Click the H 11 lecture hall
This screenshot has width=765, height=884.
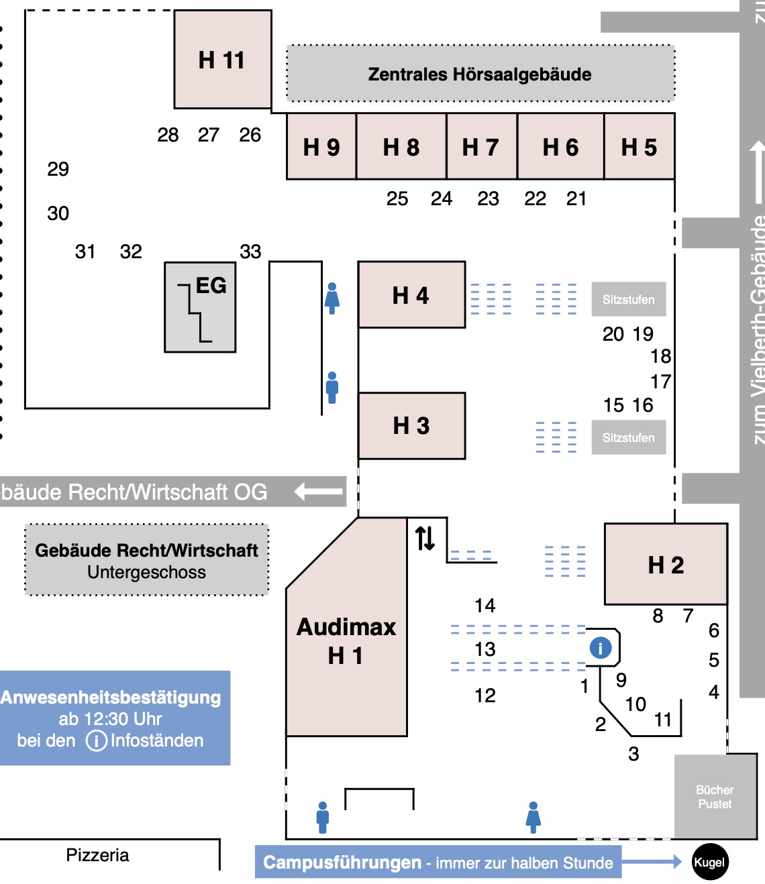(222, 60)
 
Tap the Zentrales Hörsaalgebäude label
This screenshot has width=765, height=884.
(480, 74)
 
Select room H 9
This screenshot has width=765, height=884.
(321, 147)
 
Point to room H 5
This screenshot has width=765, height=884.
(639, 147)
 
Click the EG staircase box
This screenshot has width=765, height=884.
(200, 307)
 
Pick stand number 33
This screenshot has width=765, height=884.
(250, 252)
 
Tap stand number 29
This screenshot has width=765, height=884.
(58, 169)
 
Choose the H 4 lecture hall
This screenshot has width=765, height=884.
(411, 295)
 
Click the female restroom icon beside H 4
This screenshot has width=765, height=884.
(332, 298)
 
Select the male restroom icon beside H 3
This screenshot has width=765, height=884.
(332, 388)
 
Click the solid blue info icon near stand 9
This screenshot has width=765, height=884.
(600, 647)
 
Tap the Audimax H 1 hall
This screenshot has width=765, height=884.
(346, 641)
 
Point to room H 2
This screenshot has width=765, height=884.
(666, 565)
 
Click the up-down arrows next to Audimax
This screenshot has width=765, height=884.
(425, 538)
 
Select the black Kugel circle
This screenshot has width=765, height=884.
(709, 862)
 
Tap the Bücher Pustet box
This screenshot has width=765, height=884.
(715, 797)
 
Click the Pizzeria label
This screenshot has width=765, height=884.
(97, 855)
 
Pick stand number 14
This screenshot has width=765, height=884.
(484, 606)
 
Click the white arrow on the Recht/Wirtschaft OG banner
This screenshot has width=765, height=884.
(318, 492)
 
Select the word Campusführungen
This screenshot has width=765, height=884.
(342, 863)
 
